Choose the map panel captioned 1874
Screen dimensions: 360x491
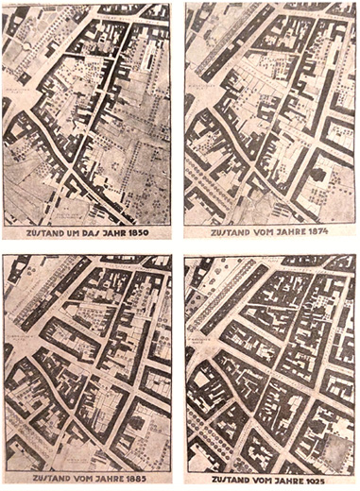pos(270,113)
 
